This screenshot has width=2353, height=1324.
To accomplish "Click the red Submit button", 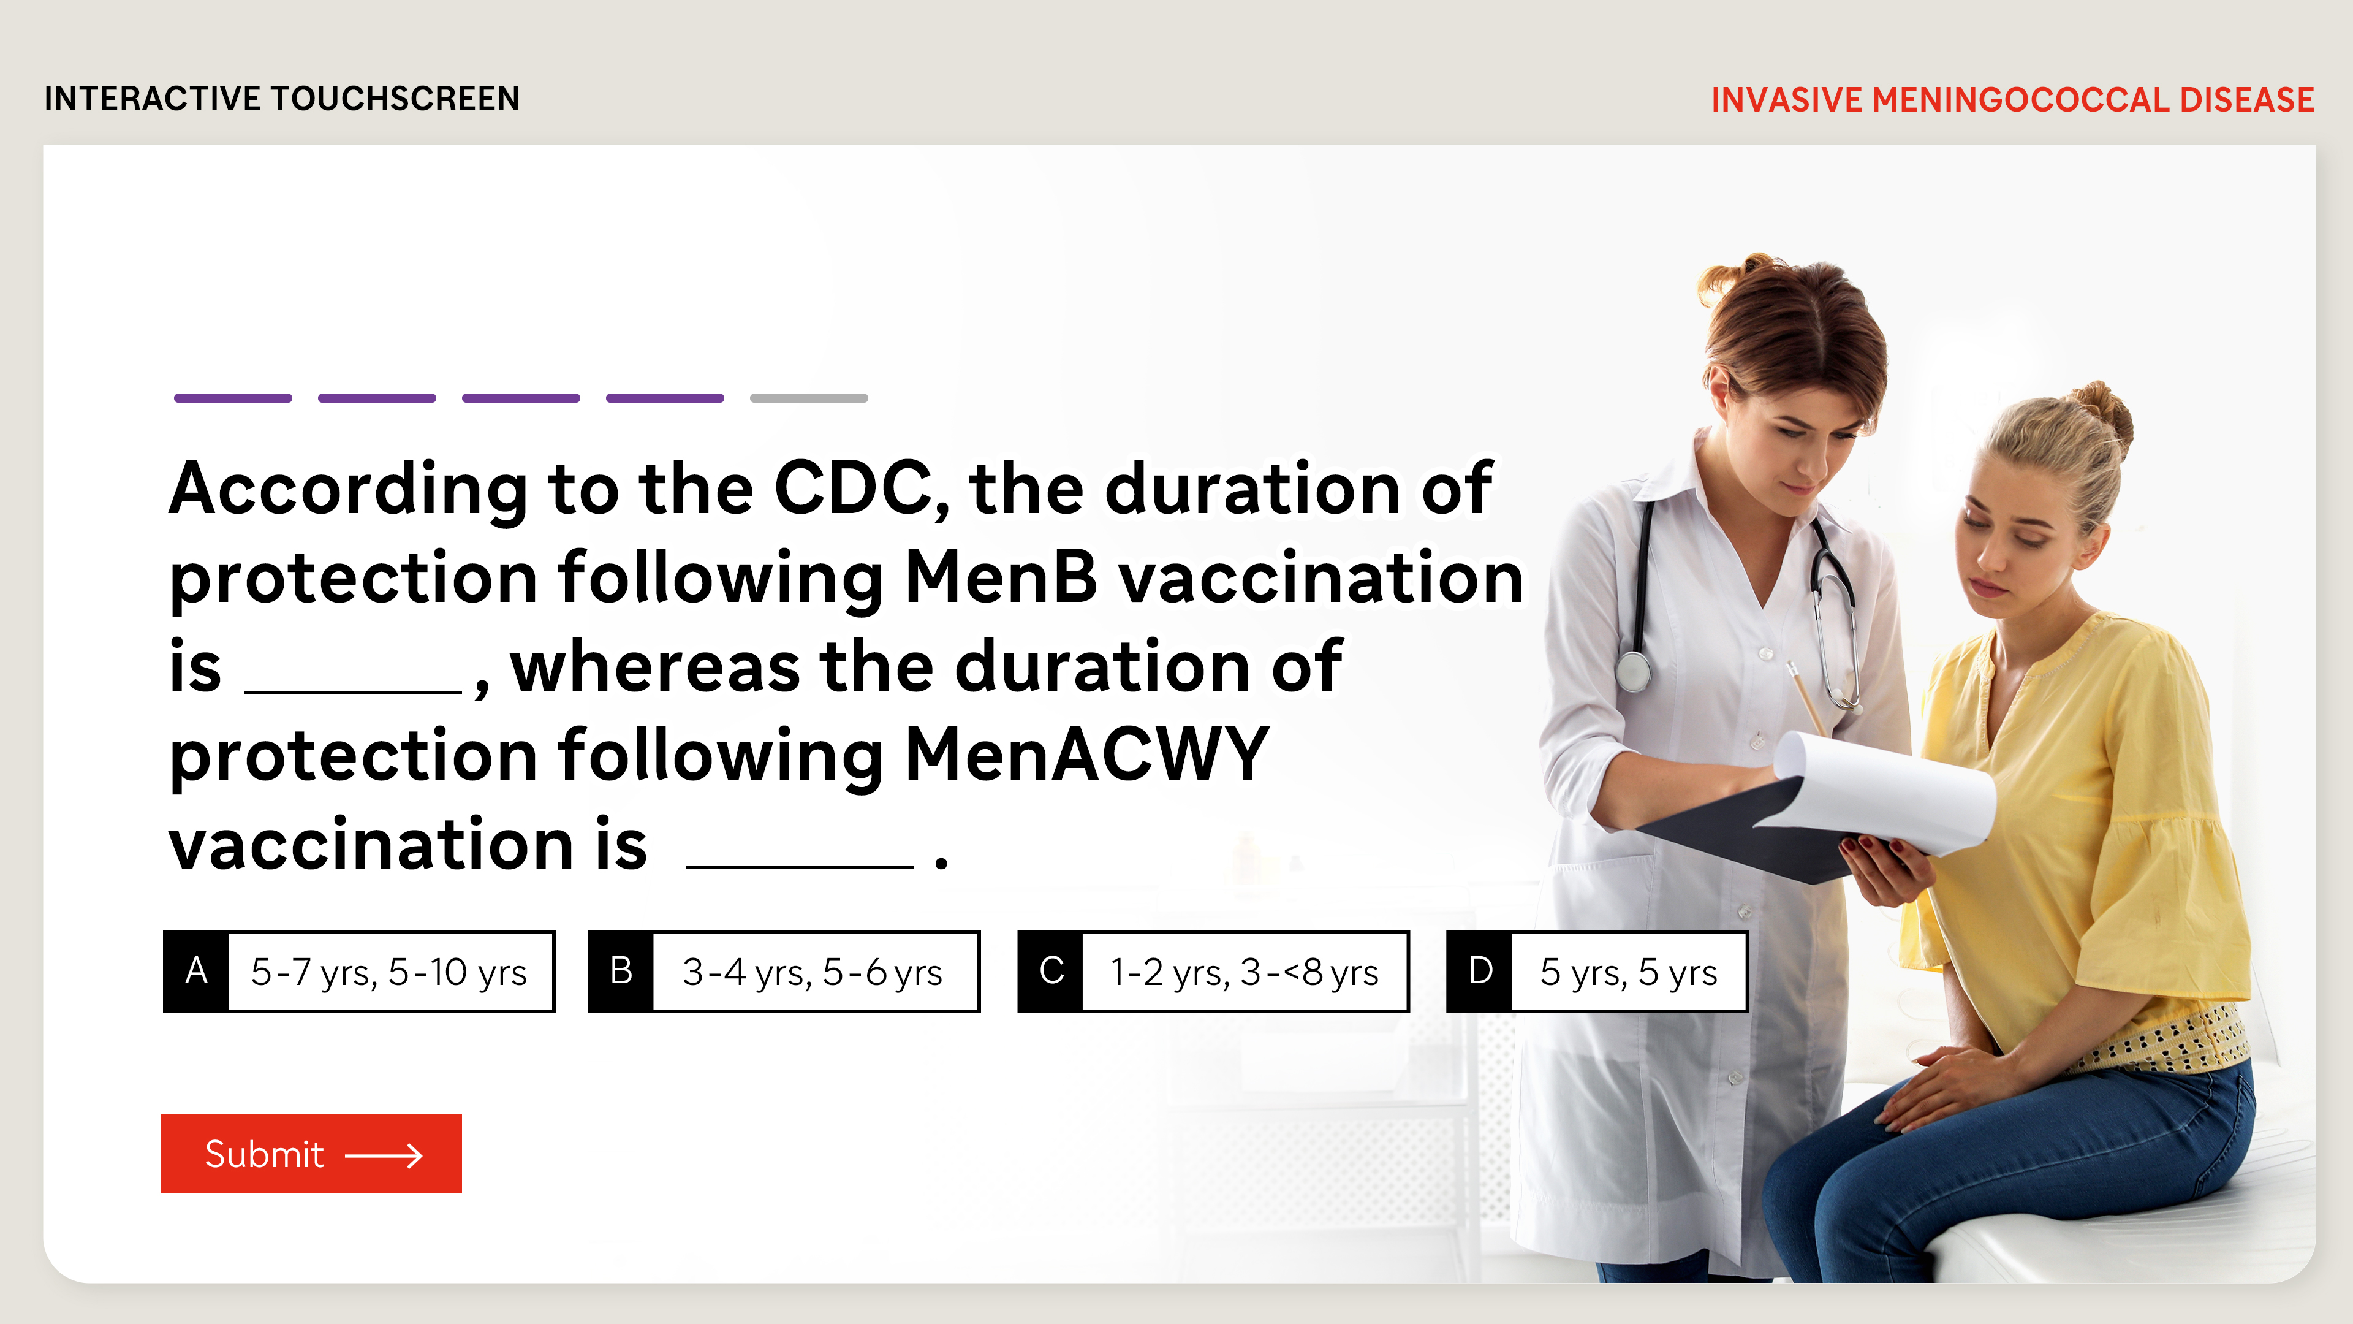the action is [311, 1152].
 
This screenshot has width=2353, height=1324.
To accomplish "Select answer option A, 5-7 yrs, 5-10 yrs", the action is [359, 972].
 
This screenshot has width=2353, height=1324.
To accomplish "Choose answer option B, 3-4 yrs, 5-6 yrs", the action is [784, 972].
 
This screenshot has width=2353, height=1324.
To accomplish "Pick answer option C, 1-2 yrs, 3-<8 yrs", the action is [1213, 972].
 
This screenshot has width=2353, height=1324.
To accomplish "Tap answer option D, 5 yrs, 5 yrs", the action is [1597, 972].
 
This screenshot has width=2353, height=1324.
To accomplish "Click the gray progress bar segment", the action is [808, 398].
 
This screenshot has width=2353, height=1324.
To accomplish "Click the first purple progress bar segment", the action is [233, 398].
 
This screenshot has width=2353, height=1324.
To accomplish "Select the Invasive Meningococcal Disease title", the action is [2012, 99].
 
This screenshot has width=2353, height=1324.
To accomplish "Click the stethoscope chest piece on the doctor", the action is [1633, 672].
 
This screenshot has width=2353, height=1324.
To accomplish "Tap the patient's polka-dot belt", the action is [2165, 1041].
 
